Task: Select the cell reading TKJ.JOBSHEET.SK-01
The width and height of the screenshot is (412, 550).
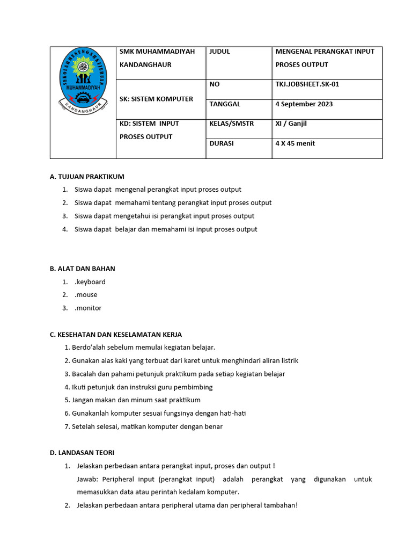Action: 307,84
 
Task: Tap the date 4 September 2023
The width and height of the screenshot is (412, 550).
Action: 304,104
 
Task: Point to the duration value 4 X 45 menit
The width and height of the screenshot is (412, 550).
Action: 295,143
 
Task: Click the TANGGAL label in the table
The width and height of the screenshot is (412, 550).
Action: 225,104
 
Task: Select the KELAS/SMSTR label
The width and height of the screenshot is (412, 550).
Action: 232,124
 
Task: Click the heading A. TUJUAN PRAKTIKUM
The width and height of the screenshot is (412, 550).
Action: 87,176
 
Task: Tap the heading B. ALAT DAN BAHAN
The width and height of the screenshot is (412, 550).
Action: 83,269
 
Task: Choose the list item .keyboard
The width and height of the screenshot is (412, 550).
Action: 90,282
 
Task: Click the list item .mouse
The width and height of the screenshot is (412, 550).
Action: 86,295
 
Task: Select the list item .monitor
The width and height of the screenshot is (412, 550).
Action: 88,308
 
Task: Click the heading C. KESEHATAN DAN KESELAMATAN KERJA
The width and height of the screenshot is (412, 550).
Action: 116,335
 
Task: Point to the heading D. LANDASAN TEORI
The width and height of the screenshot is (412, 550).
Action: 82,453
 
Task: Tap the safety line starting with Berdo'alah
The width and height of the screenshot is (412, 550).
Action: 143,348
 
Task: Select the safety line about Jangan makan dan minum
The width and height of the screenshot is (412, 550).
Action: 136,400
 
